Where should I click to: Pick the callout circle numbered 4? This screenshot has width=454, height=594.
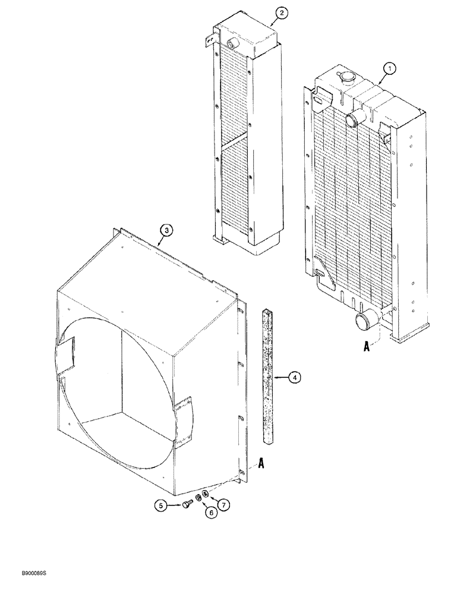(x=295, y=377)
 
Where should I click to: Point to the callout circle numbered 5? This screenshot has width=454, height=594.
(x=160, y=505)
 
